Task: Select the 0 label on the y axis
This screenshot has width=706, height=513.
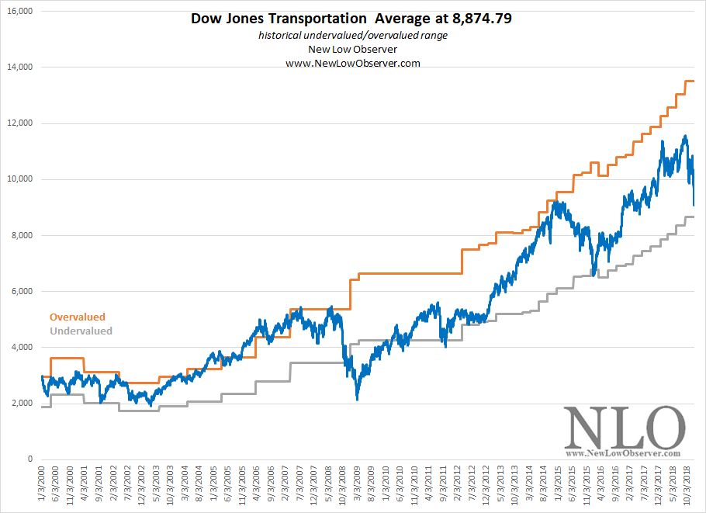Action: tap(29, 459)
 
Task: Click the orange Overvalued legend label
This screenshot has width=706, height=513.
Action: tap(77, 317)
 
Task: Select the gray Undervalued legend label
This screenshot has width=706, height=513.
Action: tap(81, 331)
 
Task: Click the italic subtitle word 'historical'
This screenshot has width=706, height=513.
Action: tap(284, 36)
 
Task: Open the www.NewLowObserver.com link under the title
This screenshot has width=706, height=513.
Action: tap(353, 64)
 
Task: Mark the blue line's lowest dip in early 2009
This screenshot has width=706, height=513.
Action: tap(357, 399)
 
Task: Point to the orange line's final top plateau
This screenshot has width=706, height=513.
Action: tap(688, 81)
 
